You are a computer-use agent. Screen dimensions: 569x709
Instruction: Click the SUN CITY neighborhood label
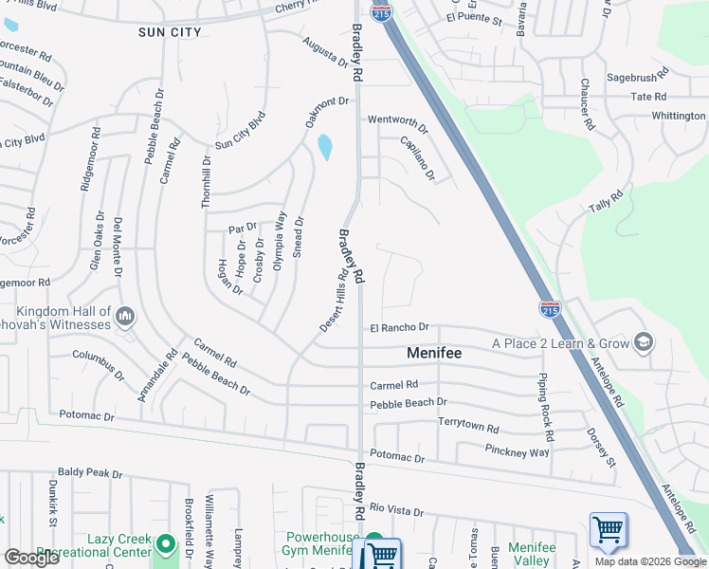[x=170, y=32]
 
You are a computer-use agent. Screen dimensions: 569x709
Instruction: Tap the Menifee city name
[x=434, y=353]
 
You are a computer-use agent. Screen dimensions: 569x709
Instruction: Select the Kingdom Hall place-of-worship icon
[x=125, y=315]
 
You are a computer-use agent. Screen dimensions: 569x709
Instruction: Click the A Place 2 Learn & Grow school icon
[x=643, y=342]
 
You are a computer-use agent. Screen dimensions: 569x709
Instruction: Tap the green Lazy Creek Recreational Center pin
[x=166, y=544]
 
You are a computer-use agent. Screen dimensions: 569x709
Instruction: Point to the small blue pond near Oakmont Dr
[x=325, y=147]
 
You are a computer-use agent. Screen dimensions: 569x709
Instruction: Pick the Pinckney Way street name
[x=517, y=451]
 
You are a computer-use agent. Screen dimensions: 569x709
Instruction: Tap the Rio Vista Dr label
[x=397, y=510]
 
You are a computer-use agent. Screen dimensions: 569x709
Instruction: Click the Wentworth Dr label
[x=398, y=121]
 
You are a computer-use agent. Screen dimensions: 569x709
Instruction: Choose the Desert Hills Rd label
[x=334, y=298]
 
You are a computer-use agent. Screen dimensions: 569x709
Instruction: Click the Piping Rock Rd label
[x=545, y=406]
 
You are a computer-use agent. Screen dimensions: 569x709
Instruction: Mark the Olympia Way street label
[x=280, y=241]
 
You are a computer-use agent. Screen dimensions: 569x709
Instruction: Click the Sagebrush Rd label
[x=637, y=74]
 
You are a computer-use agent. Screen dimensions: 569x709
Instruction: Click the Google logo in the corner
[x=32, y=557]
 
